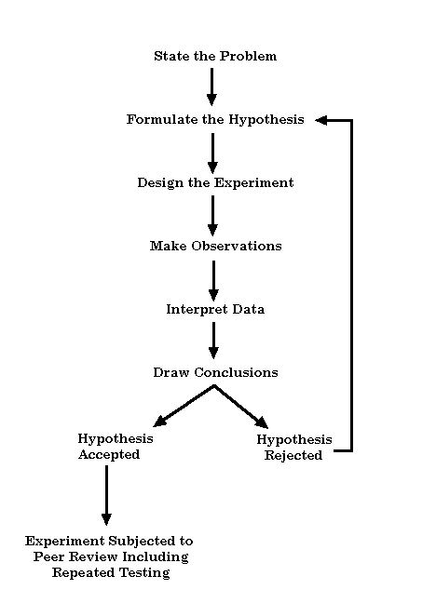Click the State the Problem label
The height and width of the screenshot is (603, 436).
[x=215, y=56]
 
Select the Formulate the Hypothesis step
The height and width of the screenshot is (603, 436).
[x=215, y=120]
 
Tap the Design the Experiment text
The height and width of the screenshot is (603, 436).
[x=216, y=183]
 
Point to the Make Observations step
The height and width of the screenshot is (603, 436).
[x=216, y=246]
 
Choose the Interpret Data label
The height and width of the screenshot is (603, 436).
[x=215, y=310]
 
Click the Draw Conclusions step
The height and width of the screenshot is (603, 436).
[x=216, y=372]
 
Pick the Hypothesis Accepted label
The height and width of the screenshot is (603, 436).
[x=116, y=447]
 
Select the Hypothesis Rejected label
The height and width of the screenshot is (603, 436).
[x=294, y=448]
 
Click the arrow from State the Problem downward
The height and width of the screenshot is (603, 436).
[x=211, y=87]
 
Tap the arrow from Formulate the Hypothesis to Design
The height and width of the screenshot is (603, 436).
[x=212, y=154]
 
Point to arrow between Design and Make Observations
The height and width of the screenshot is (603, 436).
[x=212, y=216]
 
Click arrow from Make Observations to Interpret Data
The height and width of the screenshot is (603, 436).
[x=213, y=281]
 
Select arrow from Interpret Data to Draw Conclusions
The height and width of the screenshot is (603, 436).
[x=213, y=341]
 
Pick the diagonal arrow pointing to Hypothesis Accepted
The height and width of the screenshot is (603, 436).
[x=184, y=406]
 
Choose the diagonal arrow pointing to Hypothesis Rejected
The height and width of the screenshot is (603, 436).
[x=241, y=407]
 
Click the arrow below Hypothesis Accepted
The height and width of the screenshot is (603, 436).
[x=107, y=495]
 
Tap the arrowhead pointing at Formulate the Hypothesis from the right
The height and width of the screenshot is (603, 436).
[x=321, y=120]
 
